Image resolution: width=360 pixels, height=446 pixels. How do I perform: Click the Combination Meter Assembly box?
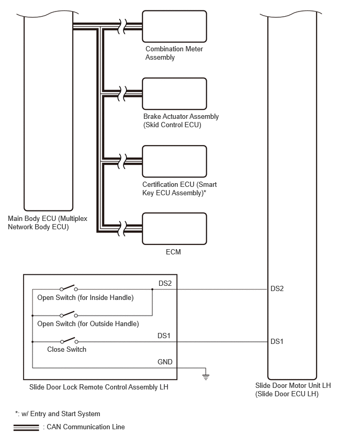pyautogui.click(x=174, y=27)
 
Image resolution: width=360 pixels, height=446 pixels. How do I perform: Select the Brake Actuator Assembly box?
pyautogui.click(x=174, y=94)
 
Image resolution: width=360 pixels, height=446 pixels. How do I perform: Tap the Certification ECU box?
pyautogui.click(x=174, y=161)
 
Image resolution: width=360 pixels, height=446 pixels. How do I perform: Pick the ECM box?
pyautogui.click(x=174, y=229)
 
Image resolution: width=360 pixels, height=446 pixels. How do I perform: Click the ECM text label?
pyautogui.click(x=173, y=252)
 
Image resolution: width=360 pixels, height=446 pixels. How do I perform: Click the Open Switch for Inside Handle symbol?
pyautogui.click(x=69, y=288)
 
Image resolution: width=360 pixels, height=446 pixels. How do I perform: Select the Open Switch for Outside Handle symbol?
pyautogui.click(x=69, y=314)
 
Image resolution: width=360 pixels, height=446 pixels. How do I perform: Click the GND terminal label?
pyautogui.click(x=165, y=362)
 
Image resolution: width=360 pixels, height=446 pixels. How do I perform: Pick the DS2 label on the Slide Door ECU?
pyautogui.click(x=277, y=289)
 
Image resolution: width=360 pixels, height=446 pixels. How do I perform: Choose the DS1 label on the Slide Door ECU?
pyautogui.click(x=277, y=341)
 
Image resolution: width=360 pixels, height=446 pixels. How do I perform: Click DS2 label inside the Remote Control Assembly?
pyautogui.click(x=165, y=283)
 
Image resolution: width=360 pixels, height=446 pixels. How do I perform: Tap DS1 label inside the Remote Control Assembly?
pyautogui.click(x=164, y=336)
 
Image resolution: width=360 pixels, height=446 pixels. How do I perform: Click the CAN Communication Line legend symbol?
pyautogui.click(x=26, y=428)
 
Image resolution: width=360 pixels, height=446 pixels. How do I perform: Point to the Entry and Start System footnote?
pyautogui.click(x=58, y=414)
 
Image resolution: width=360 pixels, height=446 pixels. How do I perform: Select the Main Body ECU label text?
pyautogui.click(x=48, y=222)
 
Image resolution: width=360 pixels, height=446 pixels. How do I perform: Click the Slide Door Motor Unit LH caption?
pyautogui.click(x=293, y=389)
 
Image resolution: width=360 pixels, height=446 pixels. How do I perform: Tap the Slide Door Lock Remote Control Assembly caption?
pyautogui.click(x=99, y=387)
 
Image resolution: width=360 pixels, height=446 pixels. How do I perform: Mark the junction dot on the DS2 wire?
pyautogui.click(x=152, y=289)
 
